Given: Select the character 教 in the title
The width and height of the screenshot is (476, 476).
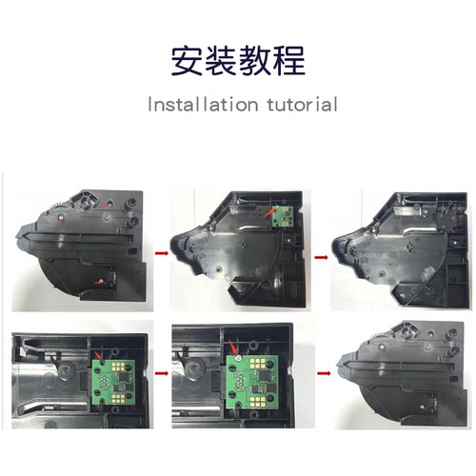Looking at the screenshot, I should pos(255,61).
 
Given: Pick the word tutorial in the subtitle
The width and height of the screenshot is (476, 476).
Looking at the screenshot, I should pos(296,104).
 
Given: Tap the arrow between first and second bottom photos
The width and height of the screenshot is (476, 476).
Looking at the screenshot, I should pos(159,375).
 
